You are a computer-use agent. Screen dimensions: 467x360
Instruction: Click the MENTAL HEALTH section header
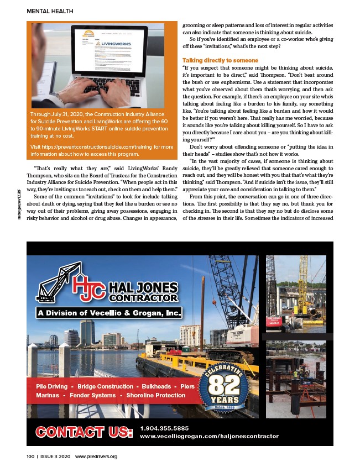[50, 11]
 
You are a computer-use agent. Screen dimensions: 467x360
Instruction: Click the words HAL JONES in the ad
[143, 287]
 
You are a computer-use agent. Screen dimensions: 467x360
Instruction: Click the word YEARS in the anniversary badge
[225, 400]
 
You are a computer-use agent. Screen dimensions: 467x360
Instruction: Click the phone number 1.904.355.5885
[164, 428]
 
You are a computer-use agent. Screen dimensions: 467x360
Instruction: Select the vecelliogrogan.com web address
[209, 436]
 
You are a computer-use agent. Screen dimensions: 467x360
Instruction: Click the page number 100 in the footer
[30, 456]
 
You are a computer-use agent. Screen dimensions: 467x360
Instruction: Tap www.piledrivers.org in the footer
[96, 456]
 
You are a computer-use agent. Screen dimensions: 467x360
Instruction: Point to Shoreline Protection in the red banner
[156, 396]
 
